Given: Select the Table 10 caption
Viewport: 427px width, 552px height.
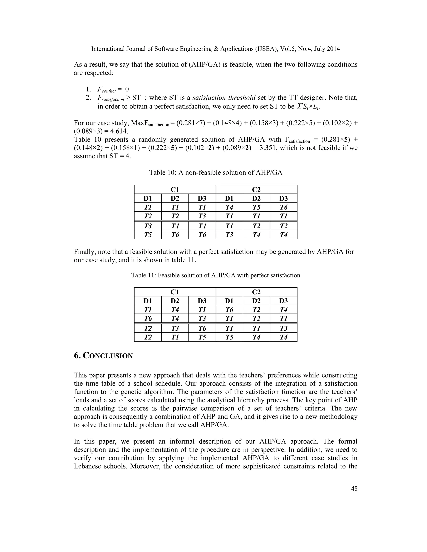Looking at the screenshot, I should pyautogui.click(x=216, y=173).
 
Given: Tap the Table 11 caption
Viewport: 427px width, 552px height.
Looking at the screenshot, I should pyautogui.click(x=216, y=275).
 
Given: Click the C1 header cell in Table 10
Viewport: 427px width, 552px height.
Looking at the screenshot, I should pyautogui.click(x=175, y=190).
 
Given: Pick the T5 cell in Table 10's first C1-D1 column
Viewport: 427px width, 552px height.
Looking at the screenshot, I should pyautogui.click(x=148, y=235).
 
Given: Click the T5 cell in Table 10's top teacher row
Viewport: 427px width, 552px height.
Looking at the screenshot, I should pyautogui.click(x=256, y=207).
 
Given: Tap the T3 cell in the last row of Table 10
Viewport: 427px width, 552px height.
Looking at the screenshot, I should pyautogui.click(x=229, y=235).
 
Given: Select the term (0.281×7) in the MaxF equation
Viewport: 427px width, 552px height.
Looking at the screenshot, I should pyautogui.click(x=191, y=123).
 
